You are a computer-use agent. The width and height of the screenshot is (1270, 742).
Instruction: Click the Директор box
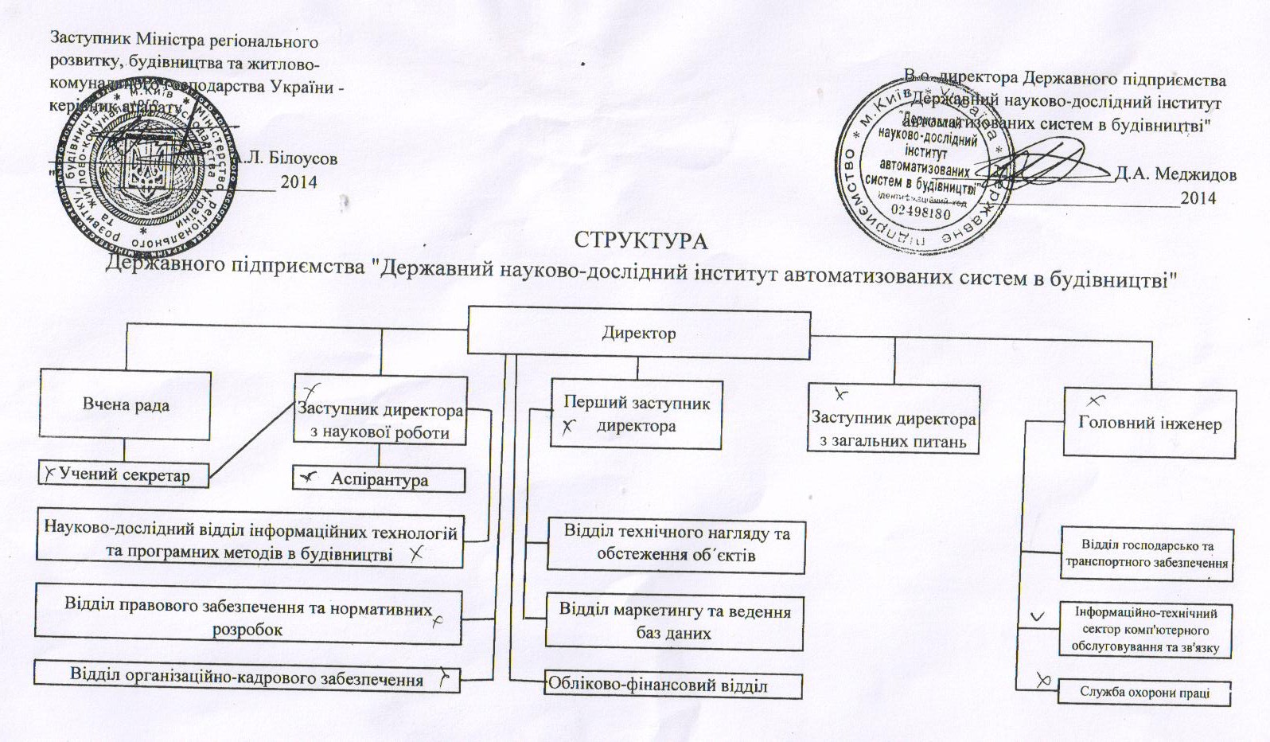[638, 332]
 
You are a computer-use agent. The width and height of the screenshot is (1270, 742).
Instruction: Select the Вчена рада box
[126, 404]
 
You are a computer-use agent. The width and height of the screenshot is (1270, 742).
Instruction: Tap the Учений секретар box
[123, 475]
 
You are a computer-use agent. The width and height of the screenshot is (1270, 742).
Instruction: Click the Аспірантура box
[379, 479]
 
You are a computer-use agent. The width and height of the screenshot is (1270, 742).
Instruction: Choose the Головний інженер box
[1149, 423]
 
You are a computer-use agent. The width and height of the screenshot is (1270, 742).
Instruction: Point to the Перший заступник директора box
[636, 414]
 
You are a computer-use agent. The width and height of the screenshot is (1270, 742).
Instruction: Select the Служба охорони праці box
[1143, 692]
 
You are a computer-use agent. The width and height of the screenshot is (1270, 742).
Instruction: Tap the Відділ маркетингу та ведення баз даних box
[674, 621]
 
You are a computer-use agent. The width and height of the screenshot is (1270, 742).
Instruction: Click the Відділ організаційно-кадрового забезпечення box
[247, 678]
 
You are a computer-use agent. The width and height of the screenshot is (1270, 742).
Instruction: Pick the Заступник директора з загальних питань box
[893, 428]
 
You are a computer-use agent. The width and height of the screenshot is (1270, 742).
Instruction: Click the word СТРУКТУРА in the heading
[641, 240]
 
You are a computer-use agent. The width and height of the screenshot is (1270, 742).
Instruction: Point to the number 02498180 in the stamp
[921, 213]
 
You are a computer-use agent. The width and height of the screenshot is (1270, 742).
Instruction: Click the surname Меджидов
[1175, 174]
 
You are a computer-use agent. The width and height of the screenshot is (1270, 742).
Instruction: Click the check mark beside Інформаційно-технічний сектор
[1038, 617]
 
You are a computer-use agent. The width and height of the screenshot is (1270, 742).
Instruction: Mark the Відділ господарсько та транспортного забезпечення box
[1147, 554]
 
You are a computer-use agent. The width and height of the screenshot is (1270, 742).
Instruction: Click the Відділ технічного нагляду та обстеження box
[676, 544]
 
